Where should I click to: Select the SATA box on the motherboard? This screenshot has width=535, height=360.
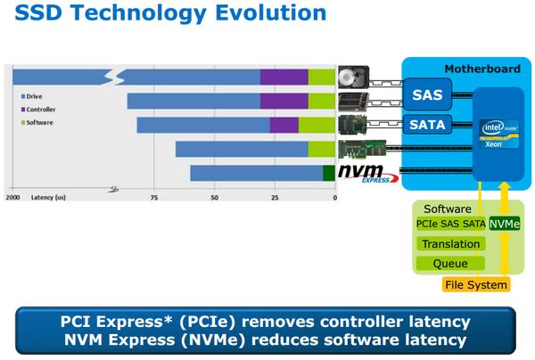tap(425, 124)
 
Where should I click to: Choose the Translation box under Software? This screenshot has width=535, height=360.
tap(450, 243)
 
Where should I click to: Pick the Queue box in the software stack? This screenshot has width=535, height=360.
tap(450, 264)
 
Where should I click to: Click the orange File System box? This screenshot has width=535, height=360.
tap(476, 285)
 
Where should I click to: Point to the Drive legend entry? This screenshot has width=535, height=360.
tap(35, 94)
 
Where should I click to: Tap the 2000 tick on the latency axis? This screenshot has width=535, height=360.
tap(13, 197)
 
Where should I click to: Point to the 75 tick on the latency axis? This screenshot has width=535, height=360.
tap(154, 197)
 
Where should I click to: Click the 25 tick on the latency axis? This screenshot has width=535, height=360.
tap(275, 197)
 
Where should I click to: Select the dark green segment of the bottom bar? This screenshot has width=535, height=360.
tap(327, 172)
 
